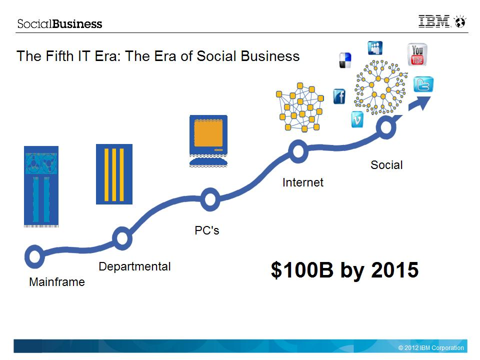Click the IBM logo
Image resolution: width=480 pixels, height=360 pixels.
point(434,21)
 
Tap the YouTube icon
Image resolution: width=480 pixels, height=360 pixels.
point(417,54)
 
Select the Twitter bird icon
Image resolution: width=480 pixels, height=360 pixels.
point(423,84)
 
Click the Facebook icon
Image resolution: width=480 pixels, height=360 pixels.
point(339,96)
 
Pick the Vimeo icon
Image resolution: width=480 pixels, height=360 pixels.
point(357,119)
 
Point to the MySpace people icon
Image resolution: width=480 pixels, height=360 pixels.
point(375,48)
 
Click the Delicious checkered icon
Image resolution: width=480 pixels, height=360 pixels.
point(345,60)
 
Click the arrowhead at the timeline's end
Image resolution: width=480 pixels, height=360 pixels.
point(422,102)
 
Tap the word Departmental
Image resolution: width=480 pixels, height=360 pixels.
point(134,266)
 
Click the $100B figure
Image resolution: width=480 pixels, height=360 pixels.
point(302,269)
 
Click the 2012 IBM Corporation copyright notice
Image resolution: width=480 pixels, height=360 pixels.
point(431,348)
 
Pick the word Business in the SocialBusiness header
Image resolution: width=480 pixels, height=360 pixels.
point(77,24)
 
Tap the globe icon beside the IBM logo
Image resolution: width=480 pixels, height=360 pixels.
point(460,21)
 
